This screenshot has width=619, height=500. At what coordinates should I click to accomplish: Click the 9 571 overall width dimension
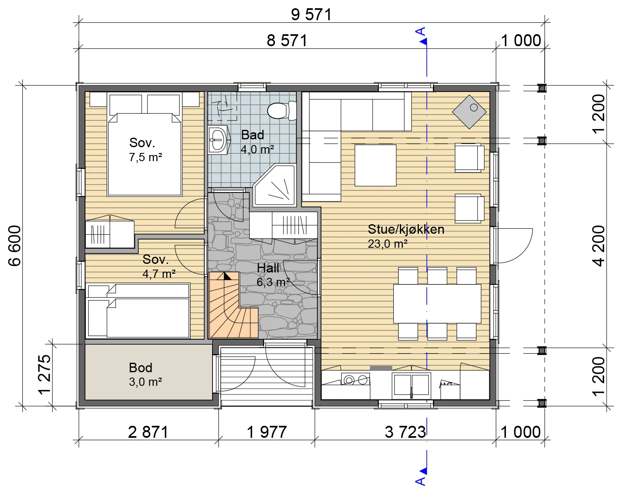tap(311, 14)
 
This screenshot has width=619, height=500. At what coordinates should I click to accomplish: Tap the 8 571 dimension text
tap(287, 40)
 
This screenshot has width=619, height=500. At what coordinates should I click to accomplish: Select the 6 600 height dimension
tap(14, 246)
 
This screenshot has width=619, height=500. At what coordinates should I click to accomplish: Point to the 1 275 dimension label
tap(45, 374)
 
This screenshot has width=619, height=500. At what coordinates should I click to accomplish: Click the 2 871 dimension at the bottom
tap(148, 432)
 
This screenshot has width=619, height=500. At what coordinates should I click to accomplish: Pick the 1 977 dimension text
tap(267, 432)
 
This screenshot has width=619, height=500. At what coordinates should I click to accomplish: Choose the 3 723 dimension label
tap(405, 432)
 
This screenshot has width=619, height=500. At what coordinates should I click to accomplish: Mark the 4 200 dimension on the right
tap(598, 246)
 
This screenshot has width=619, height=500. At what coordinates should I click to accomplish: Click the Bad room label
tap(253, 135)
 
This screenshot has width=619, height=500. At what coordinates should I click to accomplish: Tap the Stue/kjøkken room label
tap(406, 229)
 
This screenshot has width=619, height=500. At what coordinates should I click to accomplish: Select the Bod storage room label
tap(140, 368)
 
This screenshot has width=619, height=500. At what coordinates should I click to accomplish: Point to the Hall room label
tap(268, 268)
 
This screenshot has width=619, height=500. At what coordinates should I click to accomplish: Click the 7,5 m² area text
tap(146, 157)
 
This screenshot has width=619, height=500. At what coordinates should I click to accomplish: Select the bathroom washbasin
tap(218, 140)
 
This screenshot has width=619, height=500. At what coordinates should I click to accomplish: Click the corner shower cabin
tap(274, 185)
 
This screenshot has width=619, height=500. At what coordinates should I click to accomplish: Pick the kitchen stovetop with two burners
tap(355, 380)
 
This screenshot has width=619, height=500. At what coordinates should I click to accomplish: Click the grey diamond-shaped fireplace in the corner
tap(469, 112)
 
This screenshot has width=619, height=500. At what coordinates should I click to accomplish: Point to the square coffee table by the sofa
tap(376, 165)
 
